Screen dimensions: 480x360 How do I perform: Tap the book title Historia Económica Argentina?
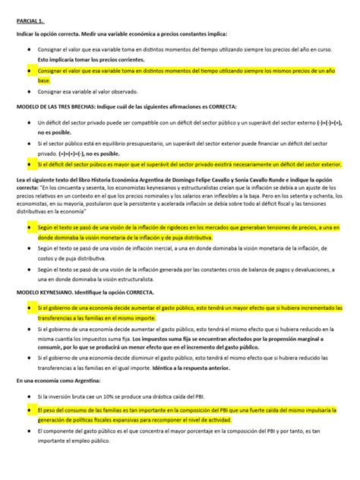click(128, 179)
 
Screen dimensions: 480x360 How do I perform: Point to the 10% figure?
click(101, 396)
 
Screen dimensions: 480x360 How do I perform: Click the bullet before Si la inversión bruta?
click(28, 396)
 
